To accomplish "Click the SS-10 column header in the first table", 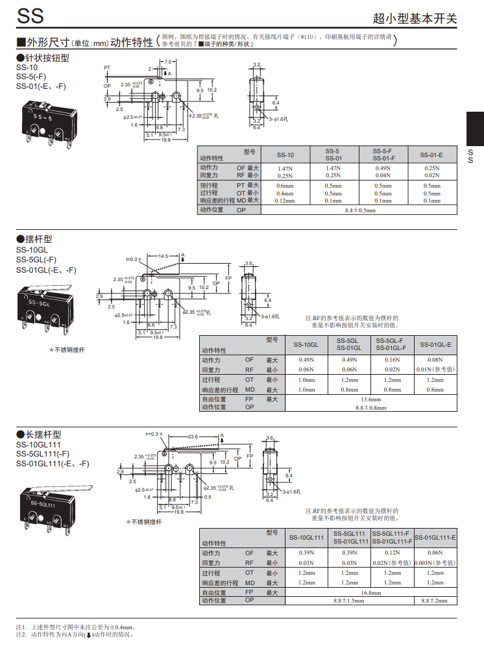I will coord(285,155).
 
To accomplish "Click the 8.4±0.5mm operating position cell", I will coord(360,210).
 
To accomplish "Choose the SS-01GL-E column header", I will coord(435,344).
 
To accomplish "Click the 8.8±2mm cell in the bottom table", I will coord(435,601).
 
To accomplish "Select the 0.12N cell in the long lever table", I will coord(392,553).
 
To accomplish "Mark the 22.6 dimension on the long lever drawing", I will coord(193,437).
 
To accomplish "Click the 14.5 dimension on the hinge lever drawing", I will coord(163,256).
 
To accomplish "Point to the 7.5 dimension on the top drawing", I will coord(167,62).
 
